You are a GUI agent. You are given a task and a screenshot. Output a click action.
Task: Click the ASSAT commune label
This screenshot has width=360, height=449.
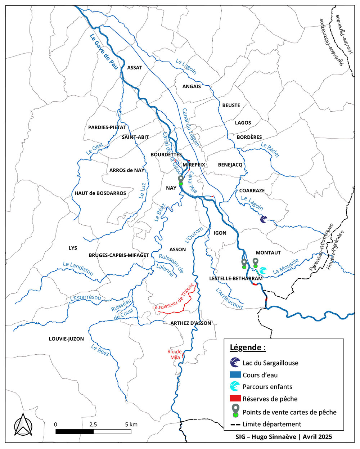click(x=135, y=67)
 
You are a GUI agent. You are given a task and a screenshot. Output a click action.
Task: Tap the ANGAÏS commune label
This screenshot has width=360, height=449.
click(x=192, y=86)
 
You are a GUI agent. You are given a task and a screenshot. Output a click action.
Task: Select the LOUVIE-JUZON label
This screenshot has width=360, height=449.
click(x=66, y=339)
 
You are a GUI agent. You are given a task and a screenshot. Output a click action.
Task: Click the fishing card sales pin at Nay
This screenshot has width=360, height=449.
click(x=181, y=180)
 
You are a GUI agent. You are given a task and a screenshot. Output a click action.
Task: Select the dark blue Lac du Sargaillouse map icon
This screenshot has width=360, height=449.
click(x=264, y=219)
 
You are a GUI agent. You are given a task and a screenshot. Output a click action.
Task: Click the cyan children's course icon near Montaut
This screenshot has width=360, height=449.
click(x=263, y=270)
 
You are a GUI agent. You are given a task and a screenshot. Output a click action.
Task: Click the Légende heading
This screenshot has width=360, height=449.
click(x=248, y=347)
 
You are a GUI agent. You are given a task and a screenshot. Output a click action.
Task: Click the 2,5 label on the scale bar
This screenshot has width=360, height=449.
click(x=93, y=424)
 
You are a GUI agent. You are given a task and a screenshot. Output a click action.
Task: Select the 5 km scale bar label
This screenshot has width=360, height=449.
click(x=131, y=424)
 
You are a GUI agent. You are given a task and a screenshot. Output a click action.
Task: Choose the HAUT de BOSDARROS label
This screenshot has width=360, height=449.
click(x=100, y=193)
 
